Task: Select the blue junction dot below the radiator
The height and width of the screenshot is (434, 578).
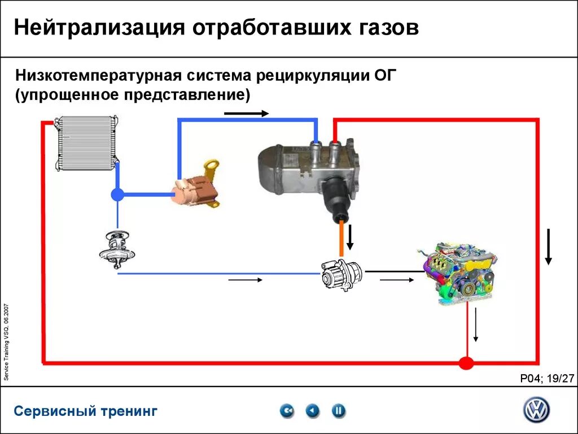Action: point(117,195)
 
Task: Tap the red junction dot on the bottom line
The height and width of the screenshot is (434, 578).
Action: point(466,362)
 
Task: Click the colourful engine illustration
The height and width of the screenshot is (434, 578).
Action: point(459,274)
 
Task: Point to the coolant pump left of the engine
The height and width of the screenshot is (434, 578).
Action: point(341,274)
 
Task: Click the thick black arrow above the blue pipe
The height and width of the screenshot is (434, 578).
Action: point(246,114)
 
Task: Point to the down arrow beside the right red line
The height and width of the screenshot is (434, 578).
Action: point(548,247)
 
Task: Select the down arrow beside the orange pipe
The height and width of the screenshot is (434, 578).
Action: point(350,237)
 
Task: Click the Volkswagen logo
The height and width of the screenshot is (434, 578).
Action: point(536,410)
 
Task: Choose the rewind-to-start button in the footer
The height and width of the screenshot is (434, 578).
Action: point(287,411)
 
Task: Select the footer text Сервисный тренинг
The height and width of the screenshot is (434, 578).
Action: point(86,411)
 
